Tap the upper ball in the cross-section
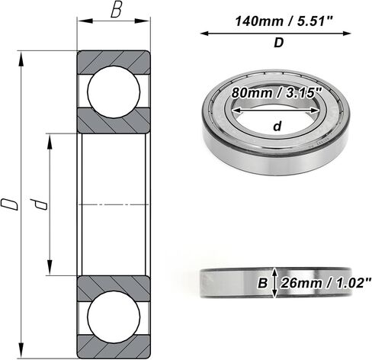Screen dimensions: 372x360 click(114, 92)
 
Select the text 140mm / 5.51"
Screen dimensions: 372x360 click(284, 21)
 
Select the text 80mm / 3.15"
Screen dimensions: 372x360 click(277, 93)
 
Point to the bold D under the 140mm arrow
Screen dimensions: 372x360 click(278, 43)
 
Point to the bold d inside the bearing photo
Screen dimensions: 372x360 click(277, 126)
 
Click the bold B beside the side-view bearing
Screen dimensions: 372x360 click(263, 283)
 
